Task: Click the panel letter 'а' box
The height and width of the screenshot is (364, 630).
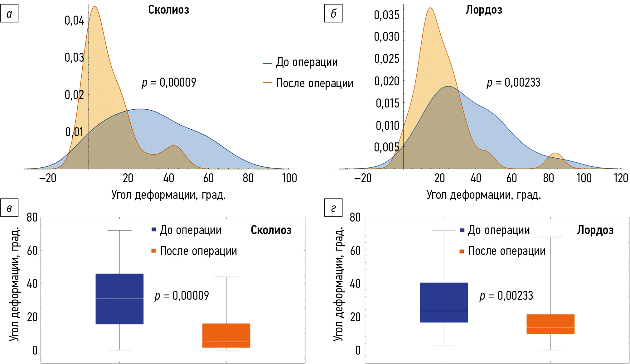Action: click(x=9, y=13)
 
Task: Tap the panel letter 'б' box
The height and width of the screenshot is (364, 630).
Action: click(x=333, y=13)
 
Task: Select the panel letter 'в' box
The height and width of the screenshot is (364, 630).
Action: click(x=9, y=208)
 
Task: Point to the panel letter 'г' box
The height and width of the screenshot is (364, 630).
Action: click(x=333, y=208)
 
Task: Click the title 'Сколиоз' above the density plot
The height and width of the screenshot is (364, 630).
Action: click(x=168, y=10)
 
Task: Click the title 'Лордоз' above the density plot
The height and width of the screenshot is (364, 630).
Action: click(x=484, y=10)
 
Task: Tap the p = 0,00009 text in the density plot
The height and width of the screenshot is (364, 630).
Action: click(x=169, y=83)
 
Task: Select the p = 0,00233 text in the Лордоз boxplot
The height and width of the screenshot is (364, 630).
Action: click(x=506, y=295)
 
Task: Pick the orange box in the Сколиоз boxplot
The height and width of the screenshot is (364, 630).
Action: click(x=226, y=335)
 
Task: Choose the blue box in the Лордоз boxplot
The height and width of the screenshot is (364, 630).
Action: click(x=444, y=302)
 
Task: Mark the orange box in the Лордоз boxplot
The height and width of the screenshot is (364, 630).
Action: click(x=550, y=324)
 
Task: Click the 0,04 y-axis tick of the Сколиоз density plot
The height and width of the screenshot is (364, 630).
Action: click(x=74, y=21)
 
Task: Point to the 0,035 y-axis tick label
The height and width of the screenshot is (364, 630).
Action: click(x=386, y=15)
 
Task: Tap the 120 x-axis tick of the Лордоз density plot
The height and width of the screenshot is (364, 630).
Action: click(x=621, y=178)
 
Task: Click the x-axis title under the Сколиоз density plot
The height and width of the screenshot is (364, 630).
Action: click(x=168, y=195)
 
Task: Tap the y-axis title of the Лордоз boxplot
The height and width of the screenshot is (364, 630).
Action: click(x=338, y=284)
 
